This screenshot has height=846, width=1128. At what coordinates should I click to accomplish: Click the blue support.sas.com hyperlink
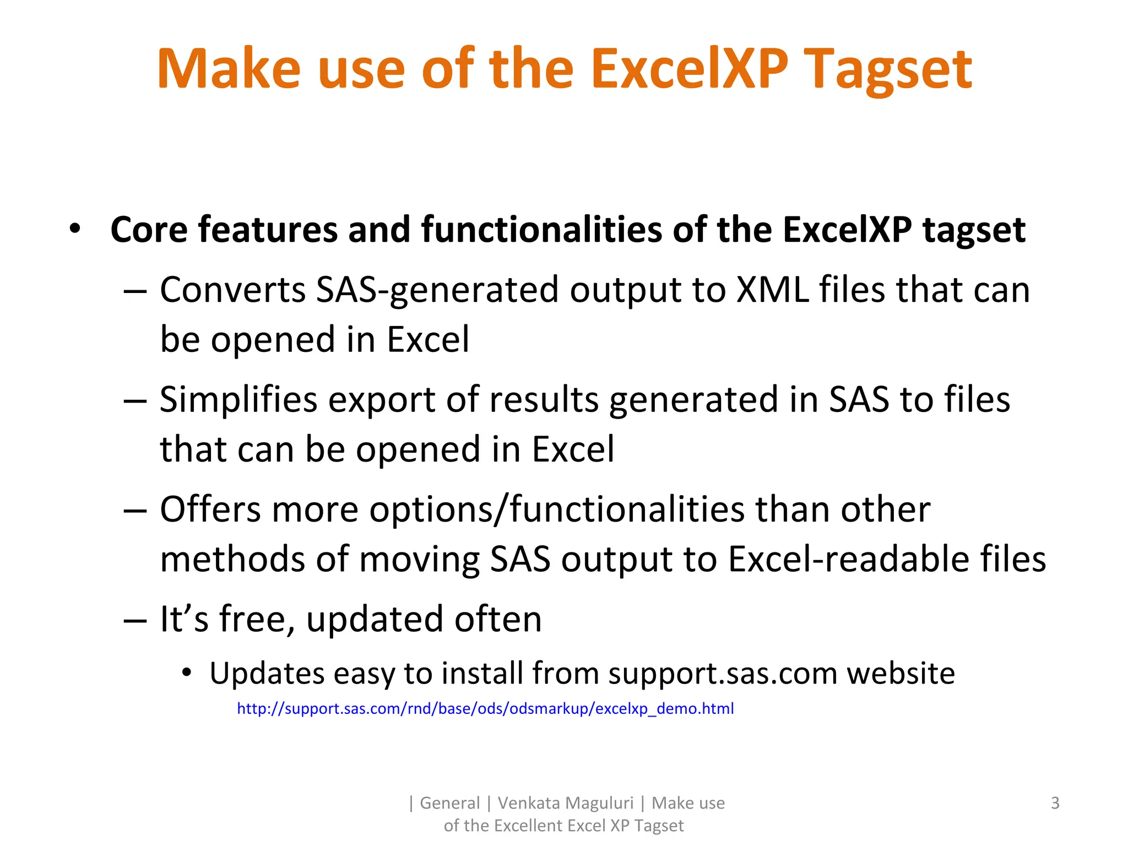coord(485,708)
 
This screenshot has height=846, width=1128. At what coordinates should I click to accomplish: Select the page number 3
coord(1055,803)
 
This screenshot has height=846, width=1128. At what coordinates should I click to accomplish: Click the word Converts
coord(232,290)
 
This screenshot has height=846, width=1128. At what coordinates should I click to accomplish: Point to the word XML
coord(773,290)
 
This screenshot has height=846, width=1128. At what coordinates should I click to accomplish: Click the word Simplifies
coord(238,399)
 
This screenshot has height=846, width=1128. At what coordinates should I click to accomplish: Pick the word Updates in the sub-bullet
coord(267,673)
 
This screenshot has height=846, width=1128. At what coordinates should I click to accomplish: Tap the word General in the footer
coord(449,803)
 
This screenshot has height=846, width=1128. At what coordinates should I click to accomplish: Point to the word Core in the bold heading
coord(149,229)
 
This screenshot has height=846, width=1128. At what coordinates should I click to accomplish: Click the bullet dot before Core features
coord(75,228)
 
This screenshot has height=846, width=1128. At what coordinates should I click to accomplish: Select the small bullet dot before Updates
coord(187,673)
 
